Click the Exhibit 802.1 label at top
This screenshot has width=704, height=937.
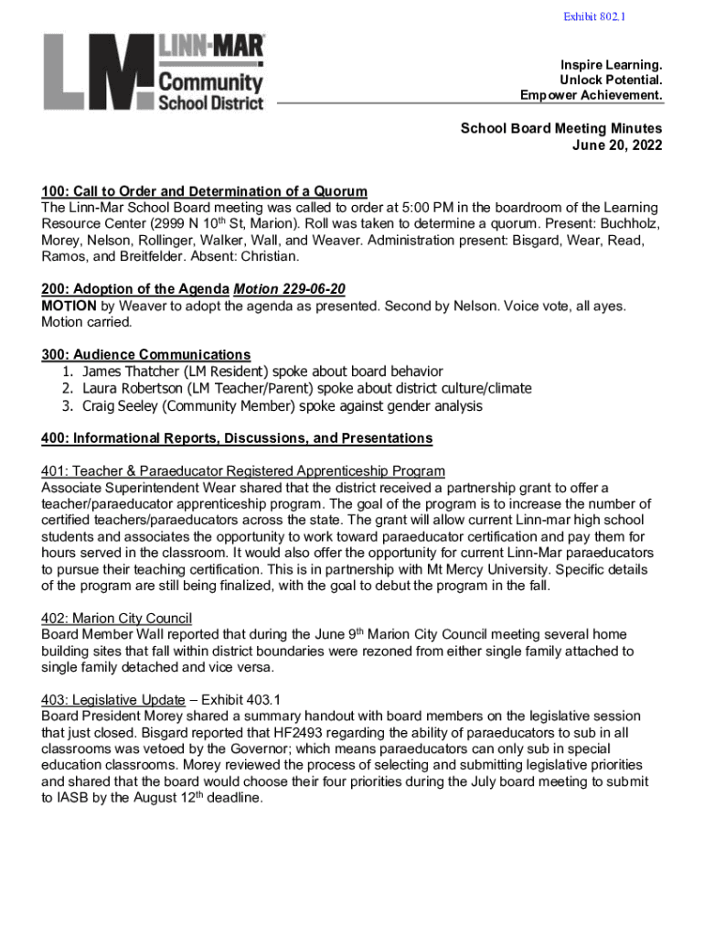tap(595, 16)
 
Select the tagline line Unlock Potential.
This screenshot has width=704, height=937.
tap(612, 81)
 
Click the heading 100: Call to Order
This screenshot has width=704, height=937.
tap(204, 191)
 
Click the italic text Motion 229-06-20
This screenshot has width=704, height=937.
tap(290, 289)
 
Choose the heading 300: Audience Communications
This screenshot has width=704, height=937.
tap(146, 354)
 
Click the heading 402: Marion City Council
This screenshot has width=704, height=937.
tap(116, 619)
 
